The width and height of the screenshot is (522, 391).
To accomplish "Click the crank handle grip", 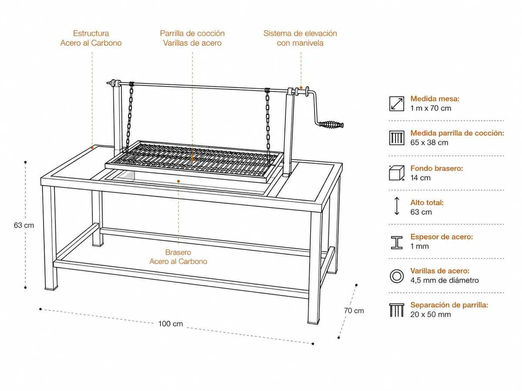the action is click(x=331, y=124).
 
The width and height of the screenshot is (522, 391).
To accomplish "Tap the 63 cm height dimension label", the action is click(x=24, y=225).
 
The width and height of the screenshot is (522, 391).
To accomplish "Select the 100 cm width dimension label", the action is click(x=171, y=324).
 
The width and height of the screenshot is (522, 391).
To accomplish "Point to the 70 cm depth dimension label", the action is click(x=354, y=311).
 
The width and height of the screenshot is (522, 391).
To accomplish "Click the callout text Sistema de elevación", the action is click(x=300, y=33).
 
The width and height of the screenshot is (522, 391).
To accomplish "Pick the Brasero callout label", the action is click(x=178, y=252).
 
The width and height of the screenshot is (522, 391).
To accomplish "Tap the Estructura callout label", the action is click(x=91, y=33).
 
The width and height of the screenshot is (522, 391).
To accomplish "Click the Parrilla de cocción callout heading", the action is click(x=192, y=33).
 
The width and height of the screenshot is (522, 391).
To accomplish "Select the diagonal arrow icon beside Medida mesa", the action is click(x=396, y=104).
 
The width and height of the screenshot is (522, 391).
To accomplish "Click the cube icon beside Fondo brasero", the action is click(x=396, y=173).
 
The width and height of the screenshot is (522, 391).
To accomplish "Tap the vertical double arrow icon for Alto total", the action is click(x=397, y=206).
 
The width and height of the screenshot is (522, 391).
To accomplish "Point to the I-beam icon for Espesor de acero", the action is click(x=397, y=242).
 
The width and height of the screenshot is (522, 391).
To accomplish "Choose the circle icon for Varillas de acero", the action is click(x=397, y=276).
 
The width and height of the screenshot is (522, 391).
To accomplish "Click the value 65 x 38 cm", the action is click(x=429, y=142).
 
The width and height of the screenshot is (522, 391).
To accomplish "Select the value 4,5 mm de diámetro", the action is click(x=444, y=280).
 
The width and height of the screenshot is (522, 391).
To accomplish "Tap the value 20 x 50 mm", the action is click(x=431, y=314).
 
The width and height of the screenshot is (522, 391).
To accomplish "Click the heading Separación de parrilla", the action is click(x=449, y=305).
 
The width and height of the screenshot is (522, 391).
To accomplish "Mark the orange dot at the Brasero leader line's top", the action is click(x=178, y=181).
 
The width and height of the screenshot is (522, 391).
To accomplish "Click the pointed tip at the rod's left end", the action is click(x=107, y=83).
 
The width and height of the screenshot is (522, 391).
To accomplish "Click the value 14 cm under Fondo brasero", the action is click(x=420, y=178).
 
